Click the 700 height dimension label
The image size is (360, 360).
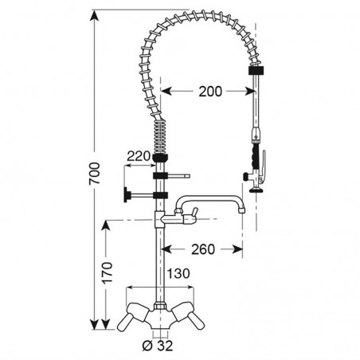(95, 174)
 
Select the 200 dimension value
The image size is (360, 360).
(210, 92)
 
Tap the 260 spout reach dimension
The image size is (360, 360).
(203, 249)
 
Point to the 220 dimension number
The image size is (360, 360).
(138, 156)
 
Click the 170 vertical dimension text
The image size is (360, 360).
(108, 273)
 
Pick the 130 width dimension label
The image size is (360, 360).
(178, 273)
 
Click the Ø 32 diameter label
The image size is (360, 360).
(158, 346)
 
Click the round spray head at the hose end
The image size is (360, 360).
(256, 190)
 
